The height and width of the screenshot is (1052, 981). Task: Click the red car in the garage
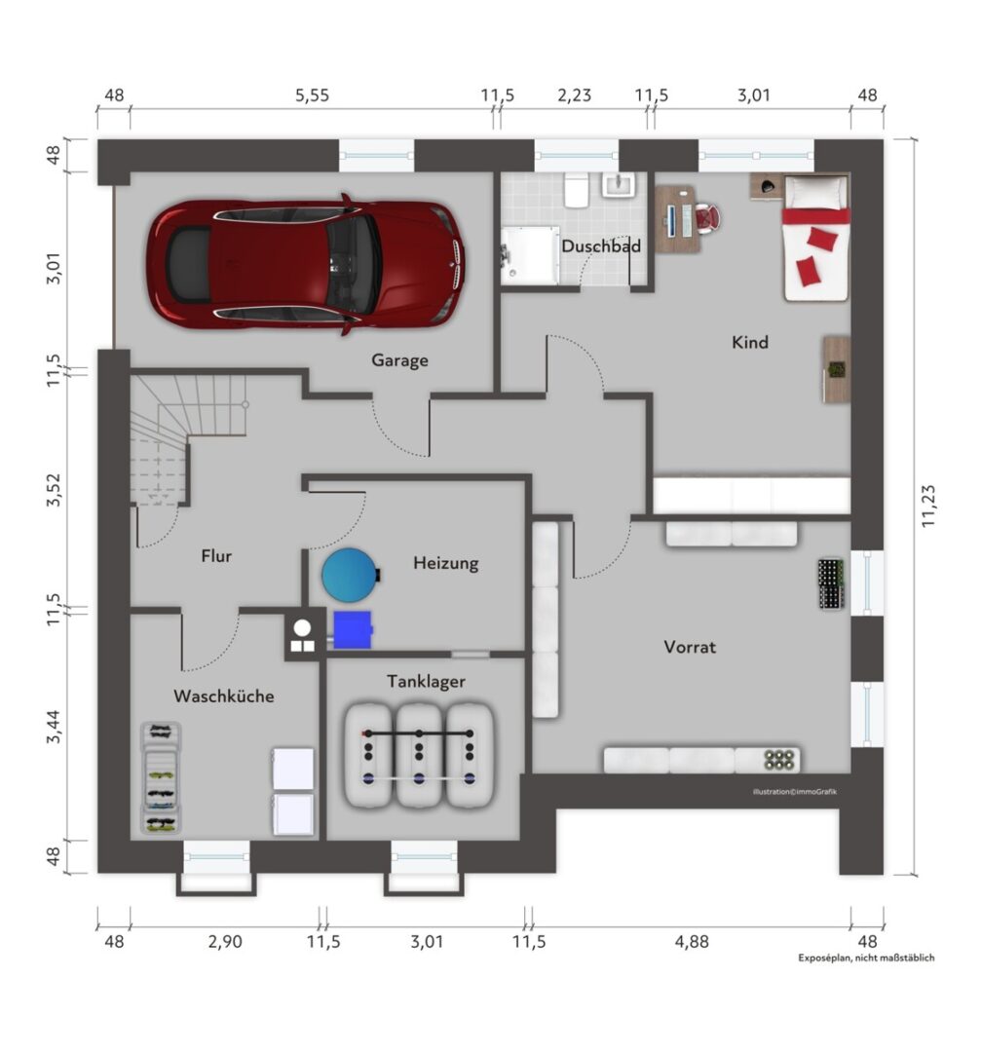[x=306, y=264]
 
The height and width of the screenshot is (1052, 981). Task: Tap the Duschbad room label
[x=600, y=246]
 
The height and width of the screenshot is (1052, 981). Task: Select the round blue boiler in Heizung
[x=350, y=575]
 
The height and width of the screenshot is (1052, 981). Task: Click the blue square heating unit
[x=353, y=629]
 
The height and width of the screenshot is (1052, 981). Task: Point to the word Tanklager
[x=426, y=682]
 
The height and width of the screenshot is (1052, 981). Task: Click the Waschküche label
[x=223, y=695]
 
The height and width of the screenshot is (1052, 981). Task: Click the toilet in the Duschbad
[x=576, y=190]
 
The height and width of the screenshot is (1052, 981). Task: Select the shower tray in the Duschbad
[x=530, y=255]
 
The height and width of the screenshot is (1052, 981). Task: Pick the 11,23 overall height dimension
[x=928, y=506]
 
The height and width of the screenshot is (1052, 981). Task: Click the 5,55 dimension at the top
[x=313, y=95]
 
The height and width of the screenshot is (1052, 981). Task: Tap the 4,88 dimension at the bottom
[x=692, y=941]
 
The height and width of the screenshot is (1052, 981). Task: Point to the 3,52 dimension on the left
[x=54, y=490]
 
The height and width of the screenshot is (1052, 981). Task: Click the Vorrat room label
[x=690, y=647]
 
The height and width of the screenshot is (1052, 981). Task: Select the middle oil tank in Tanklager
[x=419, y=756]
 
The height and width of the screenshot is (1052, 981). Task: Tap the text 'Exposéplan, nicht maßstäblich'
[x=866, y=958]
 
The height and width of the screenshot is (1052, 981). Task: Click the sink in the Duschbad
[x=618, y=184]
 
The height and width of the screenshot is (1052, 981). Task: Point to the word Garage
[x=400, y=360]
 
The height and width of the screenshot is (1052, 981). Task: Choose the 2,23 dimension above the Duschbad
[x=575, y=95]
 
